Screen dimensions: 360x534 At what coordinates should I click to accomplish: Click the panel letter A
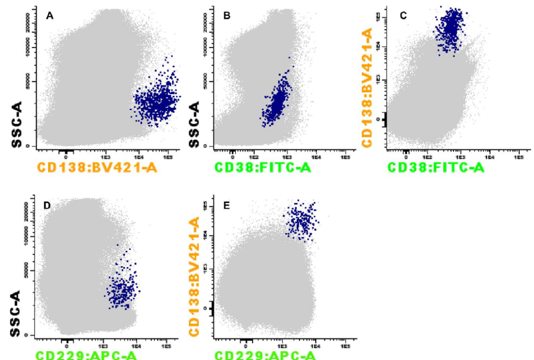click(49, 16)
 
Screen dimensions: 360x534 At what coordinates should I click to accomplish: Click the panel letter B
click(227, 16)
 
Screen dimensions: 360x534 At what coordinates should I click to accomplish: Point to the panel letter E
click(227, 206)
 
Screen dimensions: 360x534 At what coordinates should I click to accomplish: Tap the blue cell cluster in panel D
click(121, 289)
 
